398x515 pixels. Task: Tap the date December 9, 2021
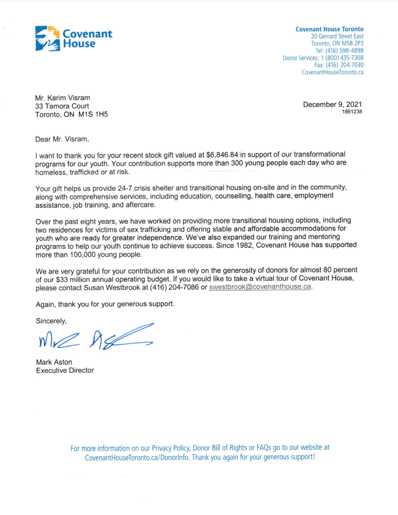click(332, 105)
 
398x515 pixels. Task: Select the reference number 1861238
click(351, 112)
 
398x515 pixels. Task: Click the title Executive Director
click(65, 370)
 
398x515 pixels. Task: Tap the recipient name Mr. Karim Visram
click(66, 96)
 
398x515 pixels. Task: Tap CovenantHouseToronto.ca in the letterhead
click(332, 72)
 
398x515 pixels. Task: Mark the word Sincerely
click(51, 321)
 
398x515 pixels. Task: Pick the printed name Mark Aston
click(54, 362)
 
